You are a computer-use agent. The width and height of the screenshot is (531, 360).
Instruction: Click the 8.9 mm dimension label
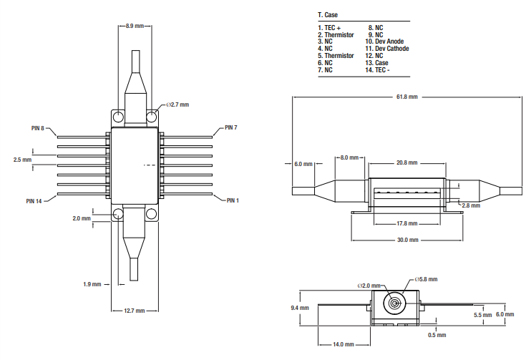[x=135, y=26]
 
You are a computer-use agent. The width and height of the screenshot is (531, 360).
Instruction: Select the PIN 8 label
[x=38, y=128]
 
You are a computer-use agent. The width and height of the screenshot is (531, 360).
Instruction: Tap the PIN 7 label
[x=230, y=127]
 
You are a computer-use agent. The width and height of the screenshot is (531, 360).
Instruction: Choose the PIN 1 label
[x=231, y=200]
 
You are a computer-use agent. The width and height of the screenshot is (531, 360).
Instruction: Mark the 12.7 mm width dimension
[x=135, y=311]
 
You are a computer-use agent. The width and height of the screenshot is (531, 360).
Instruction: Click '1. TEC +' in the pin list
[x=330, y=27]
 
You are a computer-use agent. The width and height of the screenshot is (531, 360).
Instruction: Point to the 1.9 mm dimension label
[x=92, y=284]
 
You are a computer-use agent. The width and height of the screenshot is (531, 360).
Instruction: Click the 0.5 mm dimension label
[x=436, y=335]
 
